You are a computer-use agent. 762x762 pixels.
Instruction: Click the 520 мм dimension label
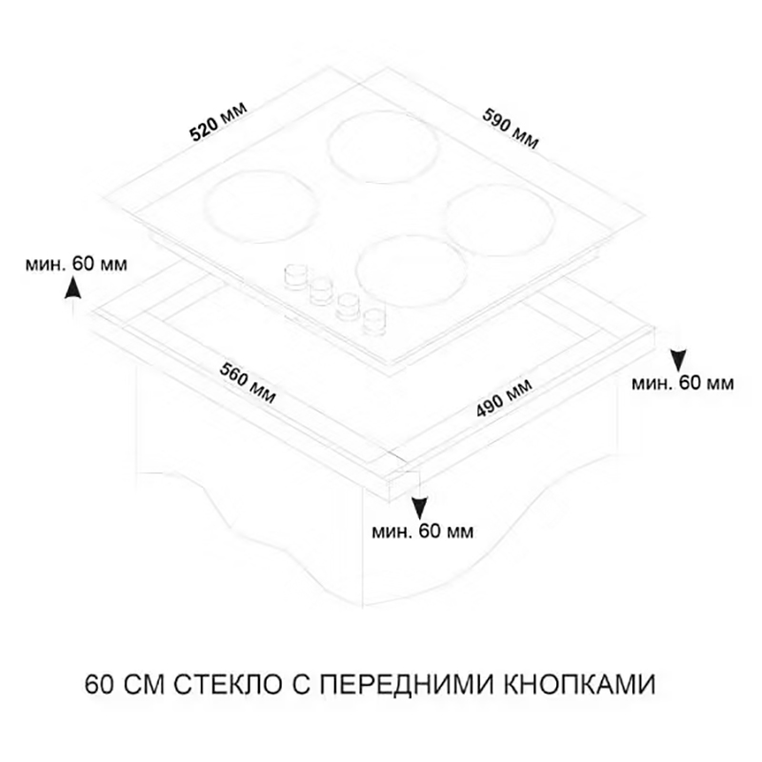(x=219, y=122)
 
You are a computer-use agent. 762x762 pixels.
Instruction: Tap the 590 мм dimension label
(x=511, y=129)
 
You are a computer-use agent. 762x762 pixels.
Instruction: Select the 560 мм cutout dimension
(x=248, y=384)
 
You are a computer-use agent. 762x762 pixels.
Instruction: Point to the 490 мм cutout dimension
(x=504, y=398)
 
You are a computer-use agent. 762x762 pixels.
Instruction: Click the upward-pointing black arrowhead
(x=73, y=287)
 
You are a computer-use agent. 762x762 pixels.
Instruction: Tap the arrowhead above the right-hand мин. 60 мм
(x=678, y=360)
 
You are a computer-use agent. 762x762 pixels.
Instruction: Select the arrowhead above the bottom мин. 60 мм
(x=419, y=510)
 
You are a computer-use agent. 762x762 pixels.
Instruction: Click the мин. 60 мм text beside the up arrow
(x=76, y=265)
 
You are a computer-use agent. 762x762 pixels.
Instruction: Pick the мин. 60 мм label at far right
(x=683, y=384)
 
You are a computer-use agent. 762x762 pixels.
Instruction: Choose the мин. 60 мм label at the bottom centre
(x=422, y=531)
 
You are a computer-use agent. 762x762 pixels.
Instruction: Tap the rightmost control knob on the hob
(x=374, y=322)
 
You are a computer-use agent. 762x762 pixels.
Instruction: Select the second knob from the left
(x=320, y=291)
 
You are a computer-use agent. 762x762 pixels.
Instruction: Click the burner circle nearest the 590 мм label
(x=383, y=150)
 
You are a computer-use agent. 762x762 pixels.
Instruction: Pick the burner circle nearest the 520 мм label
(x=257, y=206)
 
